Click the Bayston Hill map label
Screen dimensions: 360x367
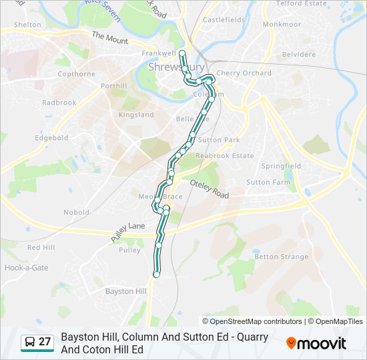tap(126, 291)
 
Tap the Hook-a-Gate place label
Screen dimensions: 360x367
tap(26, 267)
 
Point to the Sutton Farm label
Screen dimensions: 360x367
tap(268, 182)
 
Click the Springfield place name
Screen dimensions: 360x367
tap(281, 166)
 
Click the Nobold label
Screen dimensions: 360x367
tap(76, 212)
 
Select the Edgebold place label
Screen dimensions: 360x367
tap(52, 138)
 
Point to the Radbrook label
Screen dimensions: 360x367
tap(59, 103)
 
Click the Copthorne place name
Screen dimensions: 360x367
tap(76, 74)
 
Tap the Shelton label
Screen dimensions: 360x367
tap(27, 25)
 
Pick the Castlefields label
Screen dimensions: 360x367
tap(224, 20)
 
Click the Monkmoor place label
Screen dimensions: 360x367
tap(282, 24)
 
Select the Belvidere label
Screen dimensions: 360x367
tap(298, 54)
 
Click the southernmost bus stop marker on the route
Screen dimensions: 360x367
tap(157, 274)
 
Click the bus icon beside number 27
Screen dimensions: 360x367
tap(30, 342)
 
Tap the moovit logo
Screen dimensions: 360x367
tap(316, 343)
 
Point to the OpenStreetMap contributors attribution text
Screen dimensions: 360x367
tap(252, 321)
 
